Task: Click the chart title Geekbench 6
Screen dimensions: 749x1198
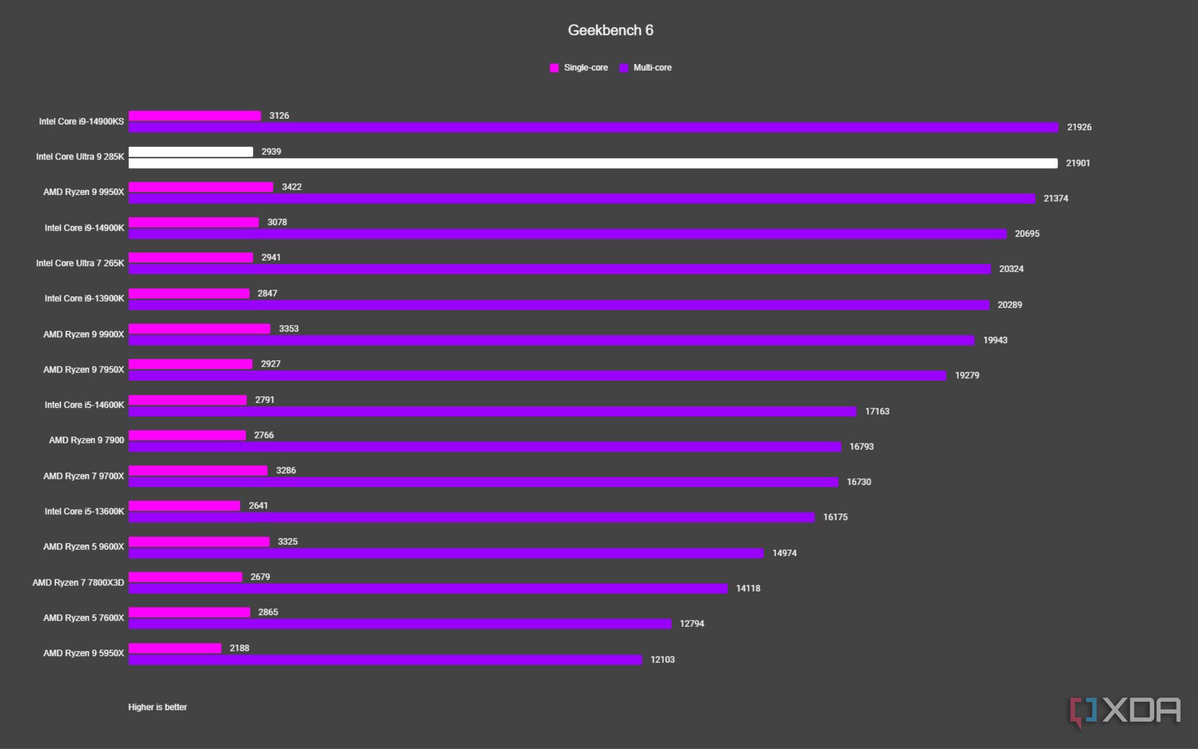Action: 610,30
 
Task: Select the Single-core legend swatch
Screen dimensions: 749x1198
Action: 554,68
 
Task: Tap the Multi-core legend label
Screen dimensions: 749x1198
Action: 652,67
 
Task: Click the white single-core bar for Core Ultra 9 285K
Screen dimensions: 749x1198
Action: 191,152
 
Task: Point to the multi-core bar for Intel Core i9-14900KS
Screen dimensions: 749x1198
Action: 593,127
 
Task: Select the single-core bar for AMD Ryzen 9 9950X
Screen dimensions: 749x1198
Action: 201,187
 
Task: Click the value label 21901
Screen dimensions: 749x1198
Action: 1078,163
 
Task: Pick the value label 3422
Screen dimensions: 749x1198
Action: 292,187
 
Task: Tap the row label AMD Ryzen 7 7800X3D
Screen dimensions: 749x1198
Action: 78,583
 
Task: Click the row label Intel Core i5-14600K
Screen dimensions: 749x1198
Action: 84,405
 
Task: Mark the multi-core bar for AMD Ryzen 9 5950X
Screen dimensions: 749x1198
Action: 385,660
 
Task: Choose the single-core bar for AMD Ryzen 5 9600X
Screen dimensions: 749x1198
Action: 199,542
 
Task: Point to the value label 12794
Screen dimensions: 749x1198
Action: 692,624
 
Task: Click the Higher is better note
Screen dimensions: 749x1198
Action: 158,707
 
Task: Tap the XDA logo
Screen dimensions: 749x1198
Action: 1126,711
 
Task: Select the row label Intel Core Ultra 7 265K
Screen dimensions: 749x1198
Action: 80,263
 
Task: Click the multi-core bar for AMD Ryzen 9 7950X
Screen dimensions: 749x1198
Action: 537,375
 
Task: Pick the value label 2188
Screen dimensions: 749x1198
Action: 239,648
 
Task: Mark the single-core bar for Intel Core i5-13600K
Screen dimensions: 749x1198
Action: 184,506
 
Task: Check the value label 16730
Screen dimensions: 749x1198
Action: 859,482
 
